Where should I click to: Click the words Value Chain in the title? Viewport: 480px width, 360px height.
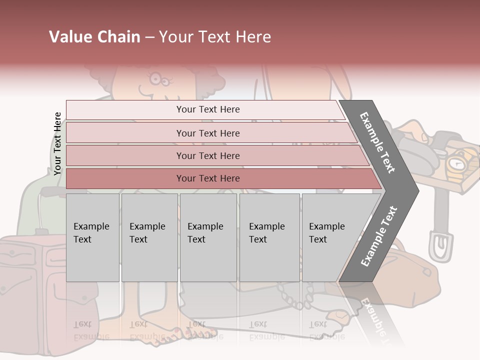[94, 37]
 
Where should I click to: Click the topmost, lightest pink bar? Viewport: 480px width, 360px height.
[207, 109]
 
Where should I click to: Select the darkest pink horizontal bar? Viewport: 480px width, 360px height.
[207, 178]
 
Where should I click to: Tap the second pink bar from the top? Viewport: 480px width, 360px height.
[207, 133]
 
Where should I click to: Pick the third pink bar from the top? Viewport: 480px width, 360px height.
[207, 155]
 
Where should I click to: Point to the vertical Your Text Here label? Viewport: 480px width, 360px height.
[57, 143]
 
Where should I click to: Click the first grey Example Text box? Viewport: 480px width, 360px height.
[92, 237]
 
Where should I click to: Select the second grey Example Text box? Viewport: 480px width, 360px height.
[149, 237]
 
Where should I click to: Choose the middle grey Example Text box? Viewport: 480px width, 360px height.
[208, 237]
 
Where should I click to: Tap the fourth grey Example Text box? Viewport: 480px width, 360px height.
[269, 237]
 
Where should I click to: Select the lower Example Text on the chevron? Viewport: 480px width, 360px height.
[379, 236]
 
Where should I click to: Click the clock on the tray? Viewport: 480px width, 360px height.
[456, 163]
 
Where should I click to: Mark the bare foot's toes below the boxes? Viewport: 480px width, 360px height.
[197, 332]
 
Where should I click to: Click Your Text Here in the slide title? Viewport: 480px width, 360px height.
[215, 37]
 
